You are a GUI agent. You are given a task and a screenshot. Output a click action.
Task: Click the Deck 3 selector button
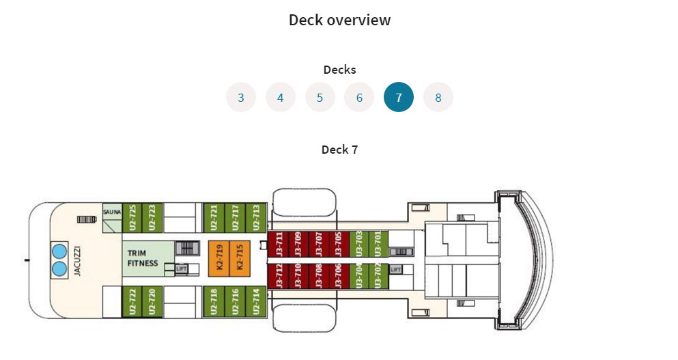(x=241, y=97)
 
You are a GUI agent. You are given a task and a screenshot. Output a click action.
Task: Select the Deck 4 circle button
(x=280, y=97)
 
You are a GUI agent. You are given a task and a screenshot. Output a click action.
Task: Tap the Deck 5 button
(x=320, y=97)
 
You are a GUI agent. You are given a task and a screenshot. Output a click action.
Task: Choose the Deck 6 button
(x=359, y=97)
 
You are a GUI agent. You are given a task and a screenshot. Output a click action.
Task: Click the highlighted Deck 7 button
(x=399, y=97)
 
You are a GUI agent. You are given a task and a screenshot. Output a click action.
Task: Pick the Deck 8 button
(x=438, y=97)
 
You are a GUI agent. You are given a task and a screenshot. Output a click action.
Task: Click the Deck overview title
(x=339, y=20)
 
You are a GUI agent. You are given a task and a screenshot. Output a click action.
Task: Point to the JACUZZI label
(x=77, y=260)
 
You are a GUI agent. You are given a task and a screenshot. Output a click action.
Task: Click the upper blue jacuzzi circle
(x=59, y=251)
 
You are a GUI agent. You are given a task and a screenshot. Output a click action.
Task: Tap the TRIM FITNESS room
(x=143, y=258)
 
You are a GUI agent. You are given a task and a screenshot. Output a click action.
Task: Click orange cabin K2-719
(x=219, y=258)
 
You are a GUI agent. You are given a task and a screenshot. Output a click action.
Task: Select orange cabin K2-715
(x=240, y=258)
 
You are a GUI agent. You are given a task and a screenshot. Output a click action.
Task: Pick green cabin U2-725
(x=132, y=218)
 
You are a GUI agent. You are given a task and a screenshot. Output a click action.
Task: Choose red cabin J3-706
(x=338, y=276)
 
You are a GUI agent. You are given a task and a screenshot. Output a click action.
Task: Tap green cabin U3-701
(x=378, y=243)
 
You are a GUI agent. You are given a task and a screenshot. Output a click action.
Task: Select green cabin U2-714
(x=256, y=301)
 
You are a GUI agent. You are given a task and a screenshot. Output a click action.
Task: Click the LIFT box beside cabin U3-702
(x=396, y=269)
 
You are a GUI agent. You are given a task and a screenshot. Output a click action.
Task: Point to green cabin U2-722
(x=132, y=301)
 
